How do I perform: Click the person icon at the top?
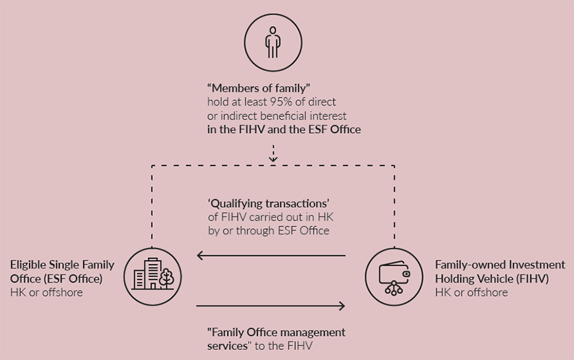click(272, 42)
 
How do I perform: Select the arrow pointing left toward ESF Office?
click(270, 255)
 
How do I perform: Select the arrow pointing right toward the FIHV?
click(270, 306)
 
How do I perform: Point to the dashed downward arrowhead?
click(273, 158)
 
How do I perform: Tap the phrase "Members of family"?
click(259, 88)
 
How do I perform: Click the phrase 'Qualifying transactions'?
click(269, 203)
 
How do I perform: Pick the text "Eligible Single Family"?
click(62, 264)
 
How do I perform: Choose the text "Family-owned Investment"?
click(500, 265)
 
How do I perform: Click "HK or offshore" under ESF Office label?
click(46, 292)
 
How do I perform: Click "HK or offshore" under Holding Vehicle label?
click(471, 293)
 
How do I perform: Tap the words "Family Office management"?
click(276, 332)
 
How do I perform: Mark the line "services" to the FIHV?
click(260, 345)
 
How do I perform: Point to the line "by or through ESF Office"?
click(268, 230)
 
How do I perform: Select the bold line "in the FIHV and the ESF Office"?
click(284, 130)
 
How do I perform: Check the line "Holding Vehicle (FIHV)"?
click(492, 279)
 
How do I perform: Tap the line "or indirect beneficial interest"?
click(276, 116)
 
